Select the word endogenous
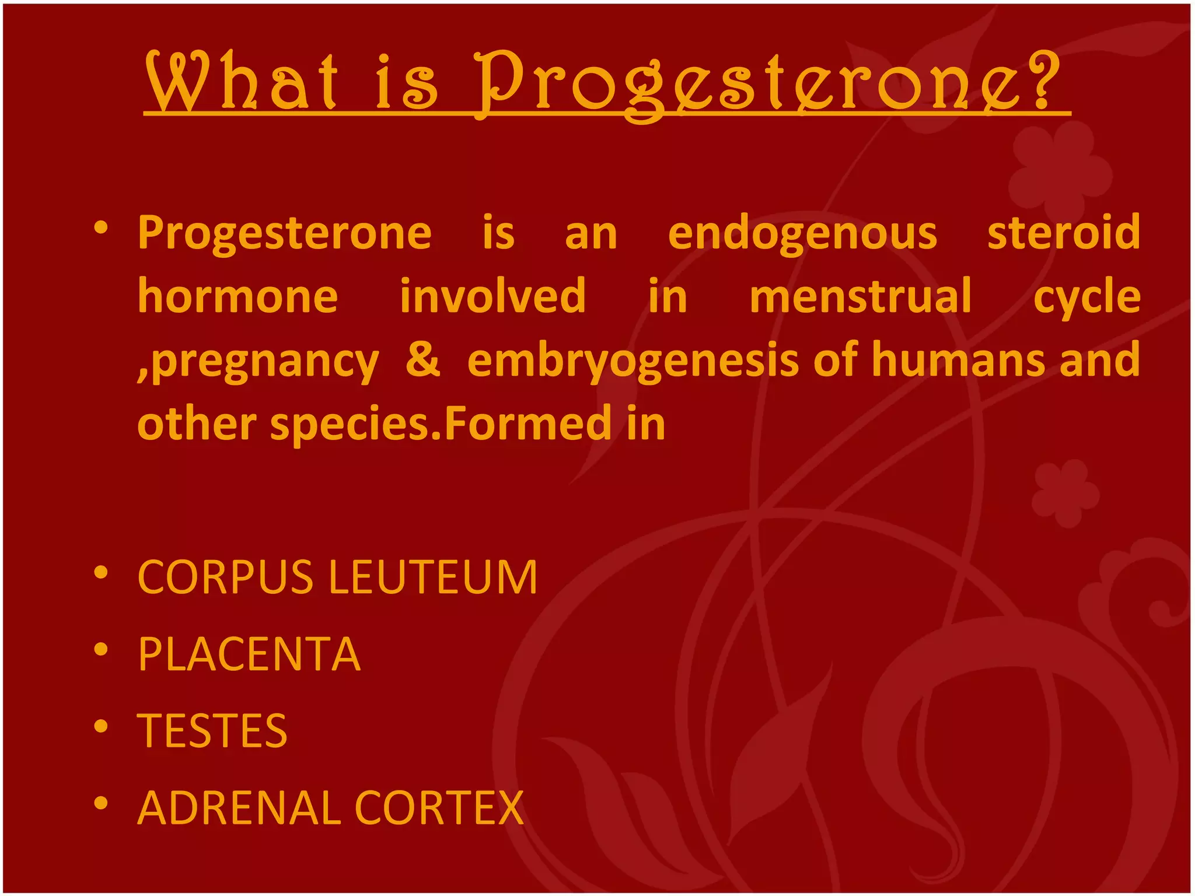click(802, 233)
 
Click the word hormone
click(237, 296)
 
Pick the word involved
click(492, 296)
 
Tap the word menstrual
click(860, 296)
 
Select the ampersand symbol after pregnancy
click(422, 360)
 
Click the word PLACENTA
click(249, 654)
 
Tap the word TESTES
click(212, 731)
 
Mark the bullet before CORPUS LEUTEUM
click(101, 573)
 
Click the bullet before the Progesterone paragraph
click(101, 228)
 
